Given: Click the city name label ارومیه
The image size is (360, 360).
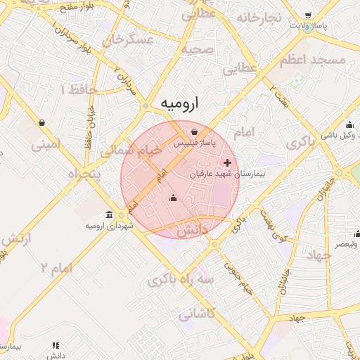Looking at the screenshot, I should pyautogui.click(x=179, y=103).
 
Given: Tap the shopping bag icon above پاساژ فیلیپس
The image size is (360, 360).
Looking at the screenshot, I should pyautogui.click(x=193, y=131).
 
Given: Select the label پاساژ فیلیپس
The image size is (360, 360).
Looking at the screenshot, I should pyautogui.click(x=195, y=143).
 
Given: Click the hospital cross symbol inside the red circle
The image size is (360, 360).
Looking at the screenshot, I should pyautogui.click(x=227, y=162).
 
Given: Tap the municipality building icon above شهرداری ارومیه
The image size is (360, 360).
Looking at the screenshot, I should pyautogui.click(x=108, y=214).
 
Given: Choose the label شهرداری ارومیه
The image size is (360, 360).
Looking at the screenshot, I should pyautogui.click(x=105, y=226).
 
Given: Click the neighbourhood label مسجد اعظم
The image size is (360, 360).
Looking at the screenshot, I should pyautogui.click(x=313, y=60).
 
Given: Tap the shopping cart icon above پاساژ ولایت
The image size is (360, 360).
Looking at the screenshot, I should pyautogui.click(x=309, y=15).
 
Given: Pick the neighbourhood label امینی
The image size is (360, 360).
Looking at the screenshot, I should pyautogui.click(x=46, y=144).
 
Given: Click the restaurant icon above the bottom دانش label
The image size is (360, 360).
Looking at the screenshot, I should pyautogui.click(x=56, y=345).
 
